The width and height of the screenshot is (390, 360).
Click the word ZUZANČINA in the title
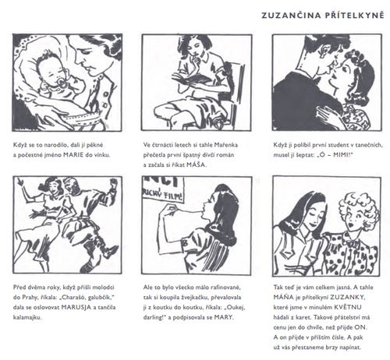click(291, 16)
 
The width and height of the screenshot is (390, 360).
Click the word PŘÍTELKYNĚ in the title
click(354, 15)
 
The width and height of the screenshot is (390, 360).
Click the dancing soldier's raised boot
click(110, 252)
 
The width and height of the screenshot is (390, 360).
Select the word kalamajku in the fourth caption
click(27, 317)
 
